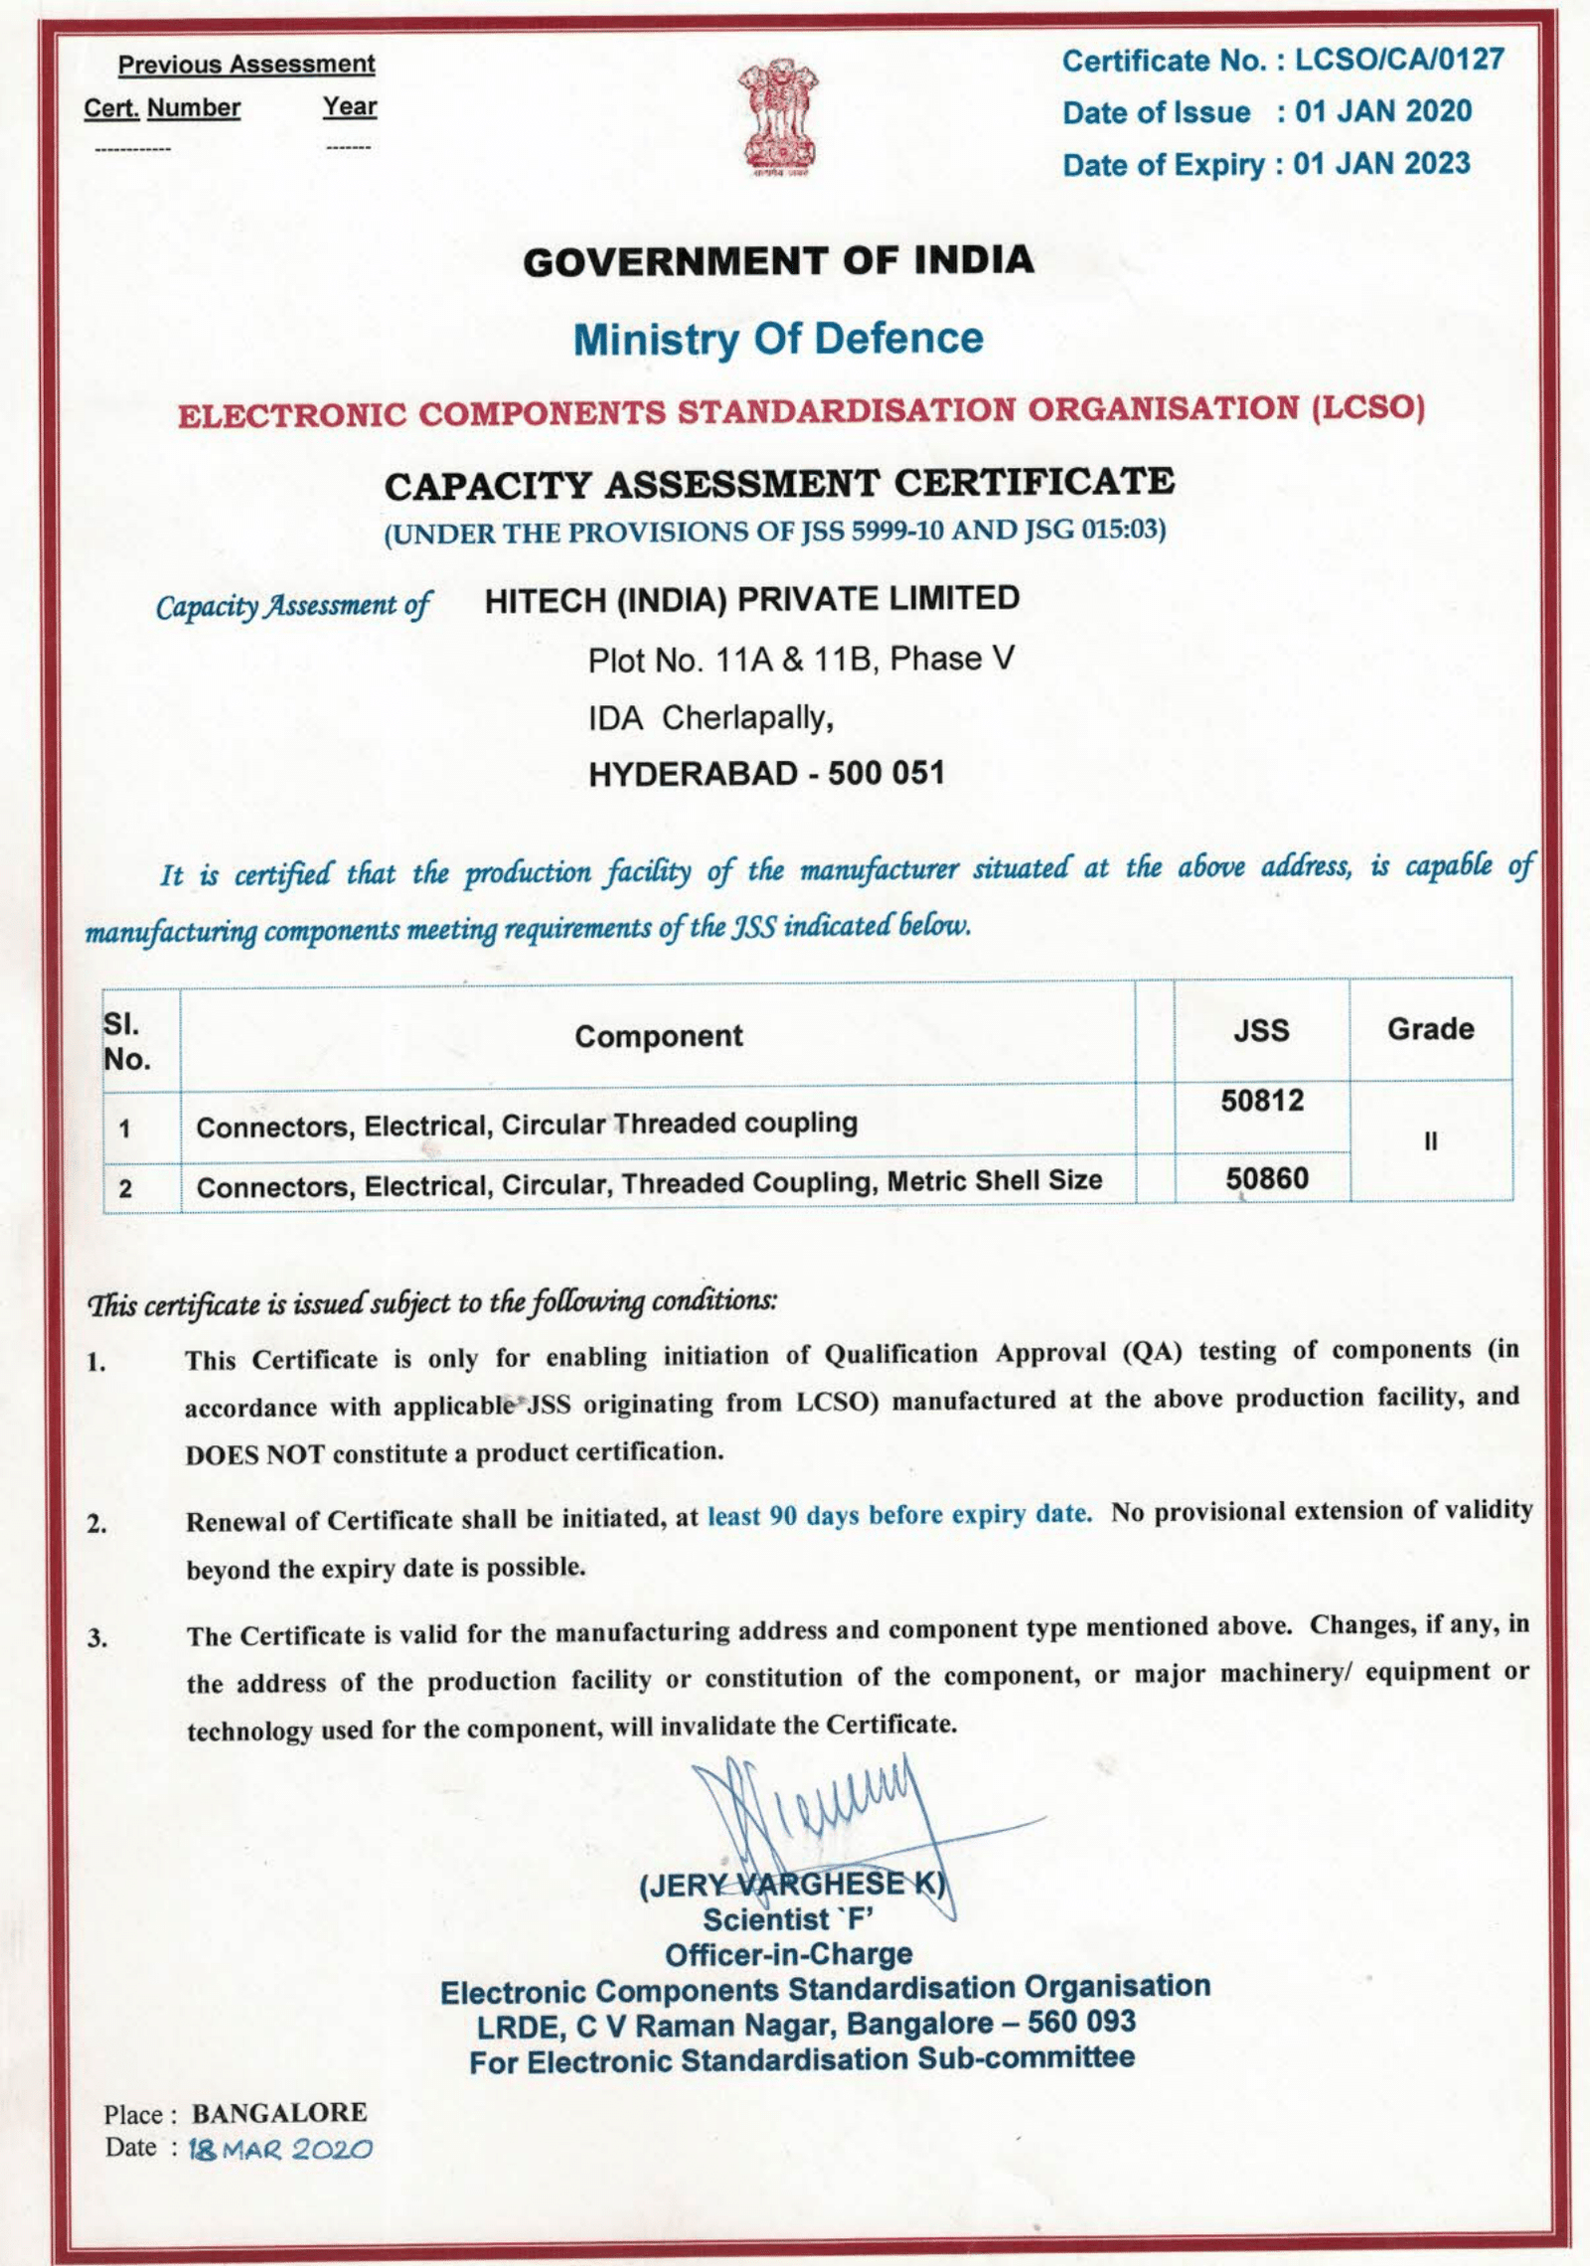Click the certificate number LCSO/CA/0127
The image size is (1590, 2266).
click(x=1399, y=60)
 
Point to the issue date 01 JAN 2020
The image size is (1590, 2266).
click(x=1382, y=111)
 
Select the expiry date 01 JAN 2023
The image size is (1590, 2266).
click(x=1381, y=164)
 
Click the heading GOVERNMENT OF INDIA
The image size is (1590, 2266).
click(x=778, y=261)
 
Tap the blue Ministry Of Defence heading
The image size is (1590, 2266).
click(x=778, y=339)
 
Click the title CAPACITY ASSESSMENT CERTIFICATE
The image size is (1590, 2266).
click(x=779, y=484)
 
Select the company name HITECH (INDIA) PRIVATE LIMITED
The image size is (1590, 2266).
click(x=752, y=599)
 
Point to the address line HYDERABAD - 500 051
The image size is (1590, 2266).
click(x=766, y=774)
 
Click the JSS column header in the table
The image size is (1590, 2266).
click(x=1261, y=1030)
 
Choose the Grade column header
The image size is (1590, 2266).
click(x=1430, y=1029)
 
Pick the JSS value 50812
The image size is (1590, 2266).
click(x=1262, y=1101)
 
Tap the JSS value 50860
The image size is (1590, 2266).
click(x=1266, y=1179)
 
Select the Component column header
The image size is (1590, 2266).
click(x=658, y=1036)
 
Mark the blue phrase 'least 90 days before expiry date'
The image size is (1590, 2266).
click(x=899, y=1515)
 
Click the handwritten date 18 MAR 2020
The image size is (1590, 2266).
click(x=280, y=2150)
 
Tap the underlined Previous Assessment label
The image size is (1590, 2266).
click(x=246, y=65)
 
